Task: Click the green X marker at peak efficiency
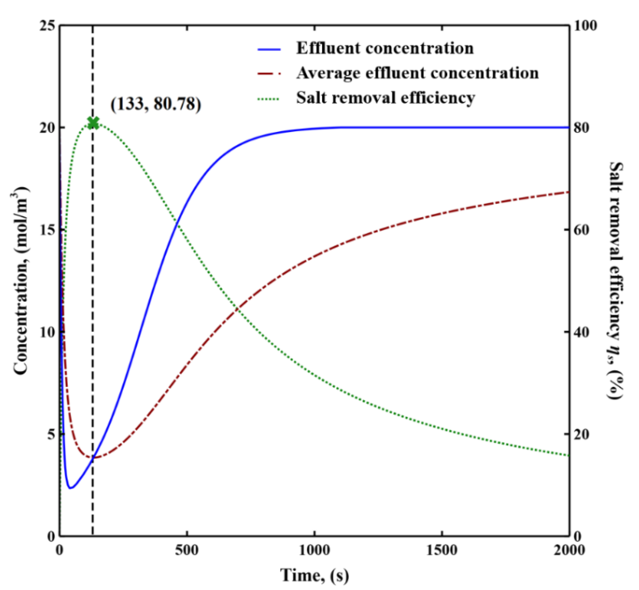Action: [x=93, y=123]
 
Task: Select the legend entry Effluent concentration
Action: [x=385, y=49]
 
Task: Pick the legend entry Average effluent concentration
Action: [x=417, y=73]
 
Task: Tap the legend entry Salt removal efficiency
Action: [x=385, y=98]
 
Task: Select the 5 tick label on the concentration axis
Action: [x=51, y=434]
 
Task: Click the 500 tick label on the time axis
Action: [x=187, y=550]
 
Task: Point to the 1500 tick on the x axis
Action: [x=442, y=550]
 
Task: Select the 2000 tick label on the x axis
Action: [x=569, y=550]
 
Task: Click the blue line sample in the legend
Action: [x=269, y=49]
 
